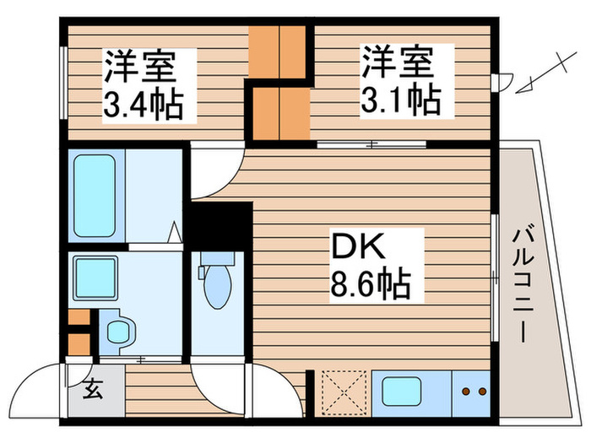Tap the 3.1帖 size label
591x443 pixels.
pyautogui.click(x=401, y=101)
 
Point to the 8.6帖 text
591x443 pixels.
pyautogui.click(x=370, y=285)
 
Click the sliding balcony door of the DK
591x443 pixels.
pyautogui.click(x=496, y=278)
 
